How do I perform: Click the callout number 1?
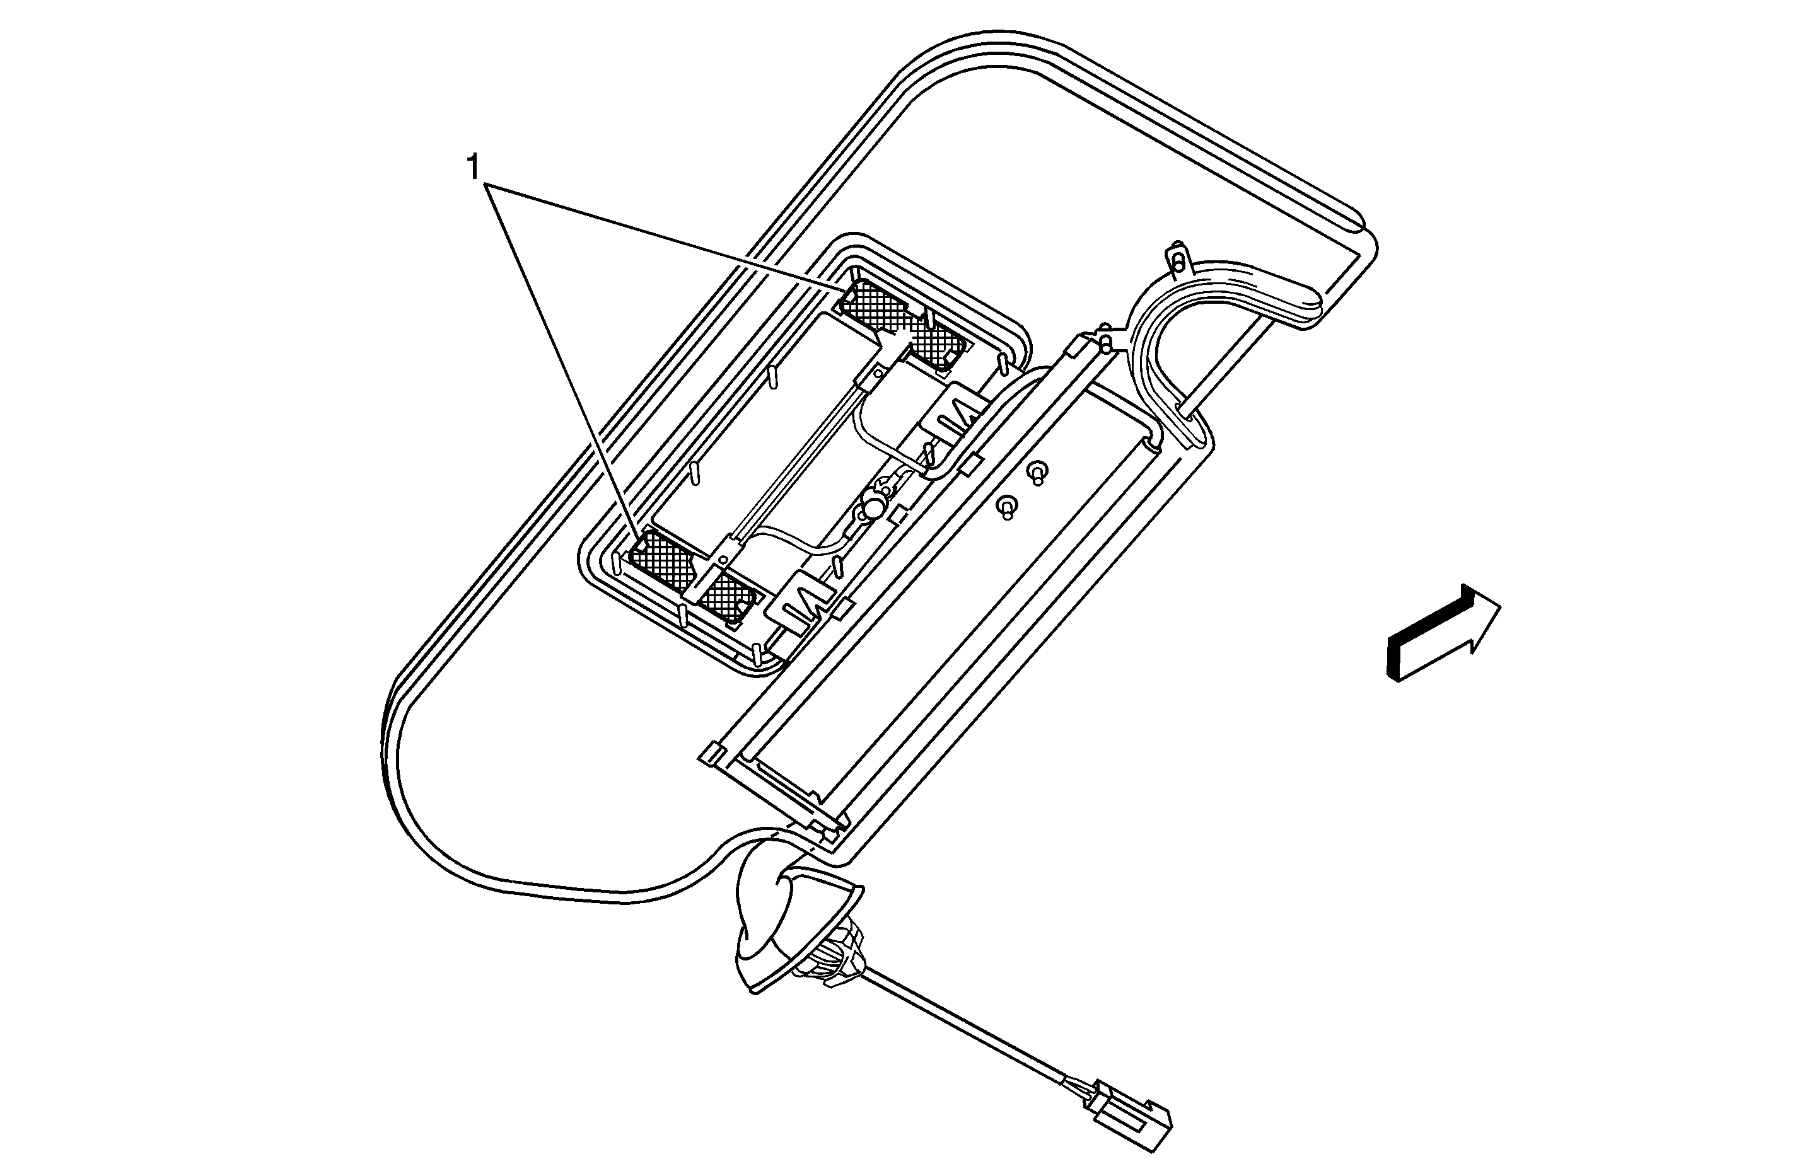point(474,168)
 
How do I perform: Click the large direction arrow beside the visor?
point(1443,633)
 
